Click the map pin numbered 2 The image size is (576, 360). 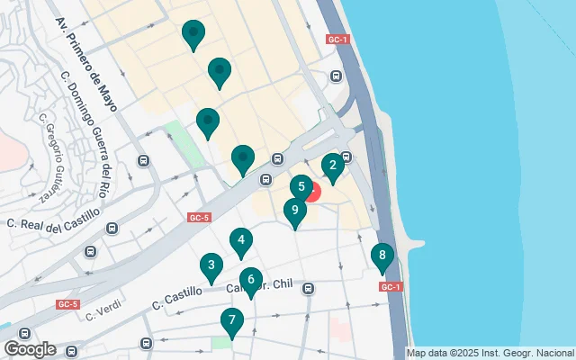click(332, 166)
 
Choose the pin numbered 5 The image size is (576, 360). click(301, 187)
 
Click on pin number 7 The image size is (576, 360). click(231, 320)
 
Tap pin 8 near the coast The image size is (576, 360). click(382, 256)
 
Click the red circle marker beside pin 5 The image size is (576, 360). click(311, 192)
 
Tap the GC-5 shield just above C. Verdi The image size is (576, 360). click(67, 304)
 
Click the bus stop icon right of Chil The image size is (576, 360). click(309, 289)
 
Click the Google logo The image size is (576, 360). click(30, 348)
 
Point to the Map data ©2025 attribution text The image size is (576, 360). click(490, 353)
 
